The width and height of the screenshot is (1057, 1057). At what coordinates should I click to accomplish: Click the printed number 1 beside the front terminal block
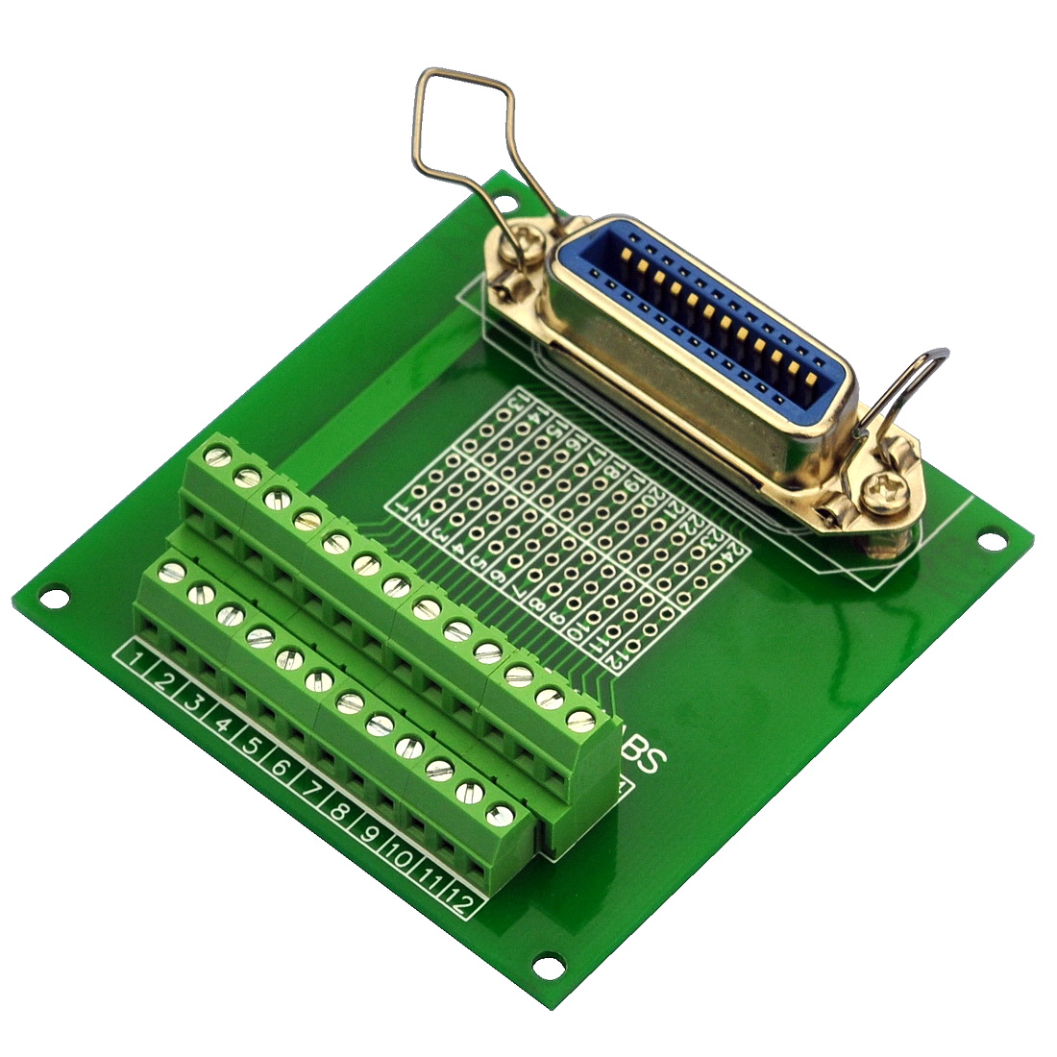pyautogui.click(x=137, y=660)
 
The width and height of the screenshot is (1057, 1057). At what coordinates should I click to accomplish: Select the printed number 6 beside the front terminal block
pyautogui.click(x=281, y=767)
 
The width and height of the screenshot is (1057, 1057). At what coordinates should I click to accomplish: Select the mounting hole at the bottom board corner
pyautogui.click(x=547, y=964)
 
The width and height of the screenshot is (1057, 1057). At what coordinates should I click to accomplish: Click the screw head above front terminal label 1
pyautogui.click(x=173, y=573)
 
